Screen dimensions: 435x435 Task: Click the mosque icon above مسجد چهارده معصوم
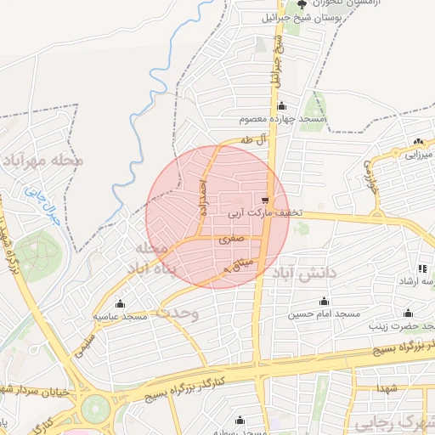[282, 105]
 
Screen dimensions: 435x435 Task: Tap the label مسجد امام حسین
[324, 314]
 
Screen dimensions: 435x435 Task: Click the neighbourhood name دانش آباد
[305, 272]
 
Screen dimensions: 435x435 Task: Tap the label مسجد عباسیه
[121, 316]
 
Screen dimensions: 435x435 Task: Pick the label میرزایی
[417, 155]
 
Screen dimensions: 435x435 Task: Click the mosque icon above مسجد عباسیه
[121, 303]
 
